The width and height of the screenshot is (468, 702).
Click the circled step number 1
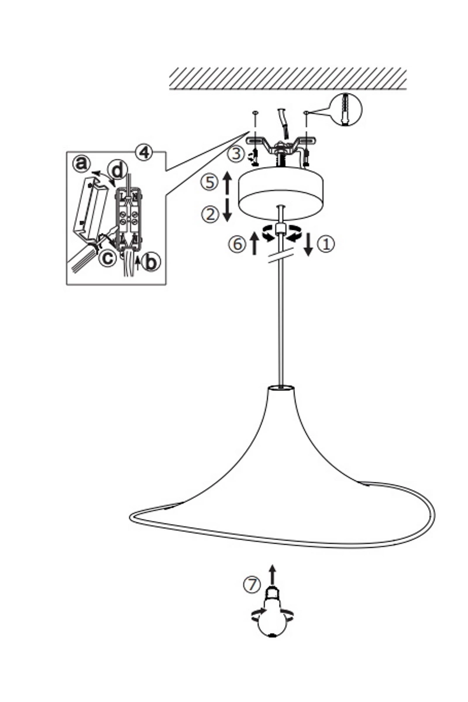(326, 244)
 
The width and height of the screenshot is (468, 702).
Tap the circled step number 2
(210, 215)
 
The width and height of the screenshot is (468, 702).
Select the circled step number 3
(236, 154)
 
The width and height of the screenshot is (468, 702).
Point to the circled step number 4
(144, 153)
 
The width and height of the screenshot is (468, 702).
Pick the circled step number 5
(209, 183)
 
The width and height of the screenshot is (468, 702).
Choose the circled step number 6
(237, 244)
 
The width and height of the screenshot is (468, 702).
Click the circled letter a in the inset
(82, 164)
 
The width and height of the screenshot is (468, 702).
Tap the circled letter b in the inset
(152, 262)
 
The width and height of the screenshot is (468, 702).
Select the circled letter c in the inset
(108, 257)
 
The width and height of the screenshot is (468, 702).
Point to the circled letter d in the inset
(118, 171)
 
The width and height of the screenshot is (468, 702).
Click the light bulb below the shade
(272, 614)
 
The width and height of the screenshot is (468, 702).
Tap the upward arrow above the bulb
(273, 574)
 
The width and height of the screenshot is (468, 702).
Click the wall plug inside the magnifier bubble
(346, 110)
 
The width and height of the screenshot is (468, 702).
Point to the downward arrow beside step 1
(308, 245)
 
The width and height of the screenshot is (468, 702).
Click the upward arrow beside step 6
(254, 243)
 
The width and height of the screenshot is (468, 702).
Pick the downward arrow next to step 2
(227, 210)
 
